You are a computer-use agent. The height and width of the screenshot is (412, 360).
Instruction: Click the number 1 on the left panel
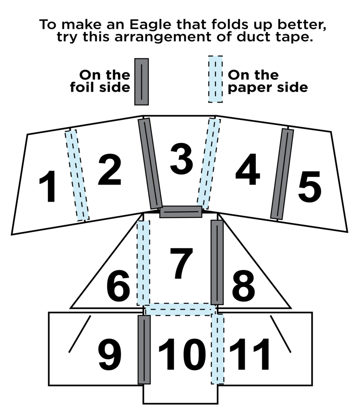47,187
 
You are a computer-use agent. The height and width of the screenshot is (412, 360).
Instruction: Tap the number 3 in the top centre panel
181,158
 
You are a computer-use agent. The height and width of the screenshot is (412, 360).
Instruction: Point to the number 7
181,264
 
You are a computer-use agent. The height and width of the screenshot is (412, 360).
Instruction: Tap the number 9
110,355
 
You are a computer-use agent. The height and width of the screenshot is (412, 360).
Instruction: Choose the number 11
250,355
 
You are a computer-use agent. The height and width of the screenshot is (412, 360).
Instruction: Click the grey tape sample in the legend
141,82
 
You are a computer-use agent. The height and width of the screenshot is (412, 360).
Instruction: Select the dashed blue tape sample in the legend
215,79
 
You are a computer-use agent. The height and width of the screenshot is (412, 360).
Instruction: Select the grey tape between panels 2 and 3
150,163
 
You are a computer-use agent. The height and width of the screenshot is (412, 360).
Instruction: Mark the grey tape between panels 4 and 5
282,174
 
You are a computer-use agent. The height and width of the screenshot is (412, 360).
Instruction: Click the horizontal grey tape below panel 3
181,212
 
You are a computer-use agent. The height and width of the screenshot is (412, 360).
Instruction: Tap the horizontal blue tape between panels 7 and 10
180,309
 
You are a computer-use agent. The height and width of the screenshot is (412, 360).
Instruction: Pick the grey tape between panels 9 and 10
144,349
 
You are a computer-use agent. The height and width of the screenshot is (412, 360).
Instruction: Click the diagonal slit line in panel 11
280,334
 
